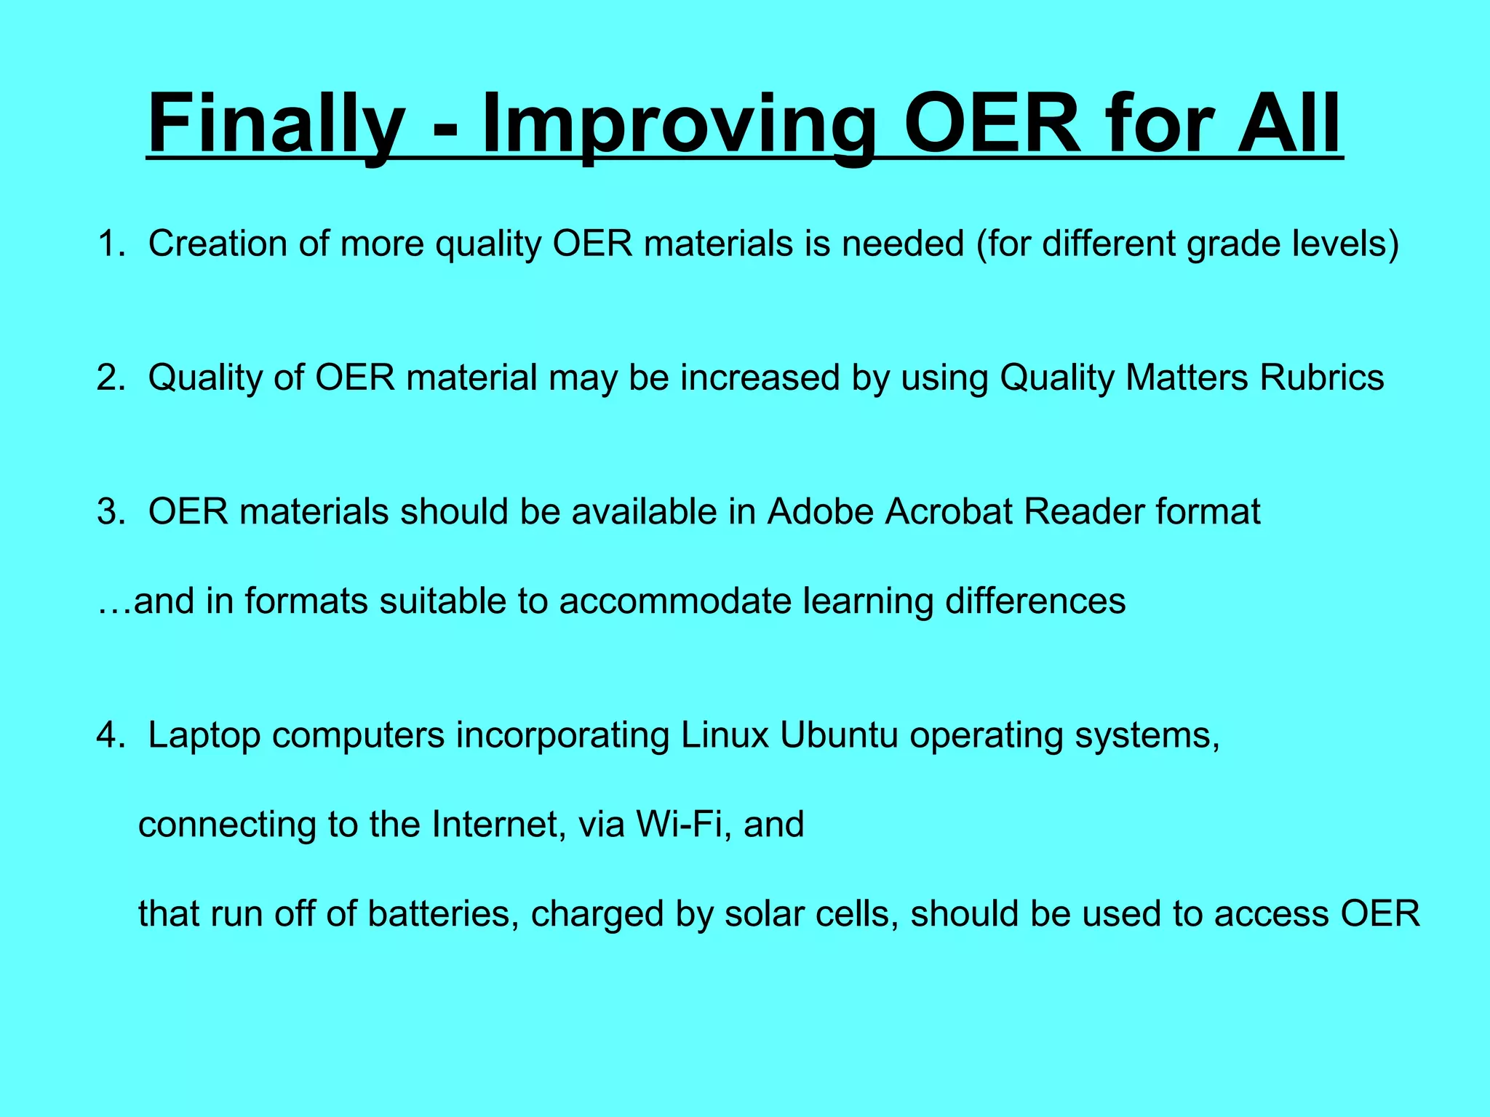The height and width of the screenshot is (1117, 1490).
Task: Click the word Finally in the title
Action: click(276, 124)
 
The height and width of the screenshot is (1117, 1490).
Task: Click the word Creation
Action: click(218, 244)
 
